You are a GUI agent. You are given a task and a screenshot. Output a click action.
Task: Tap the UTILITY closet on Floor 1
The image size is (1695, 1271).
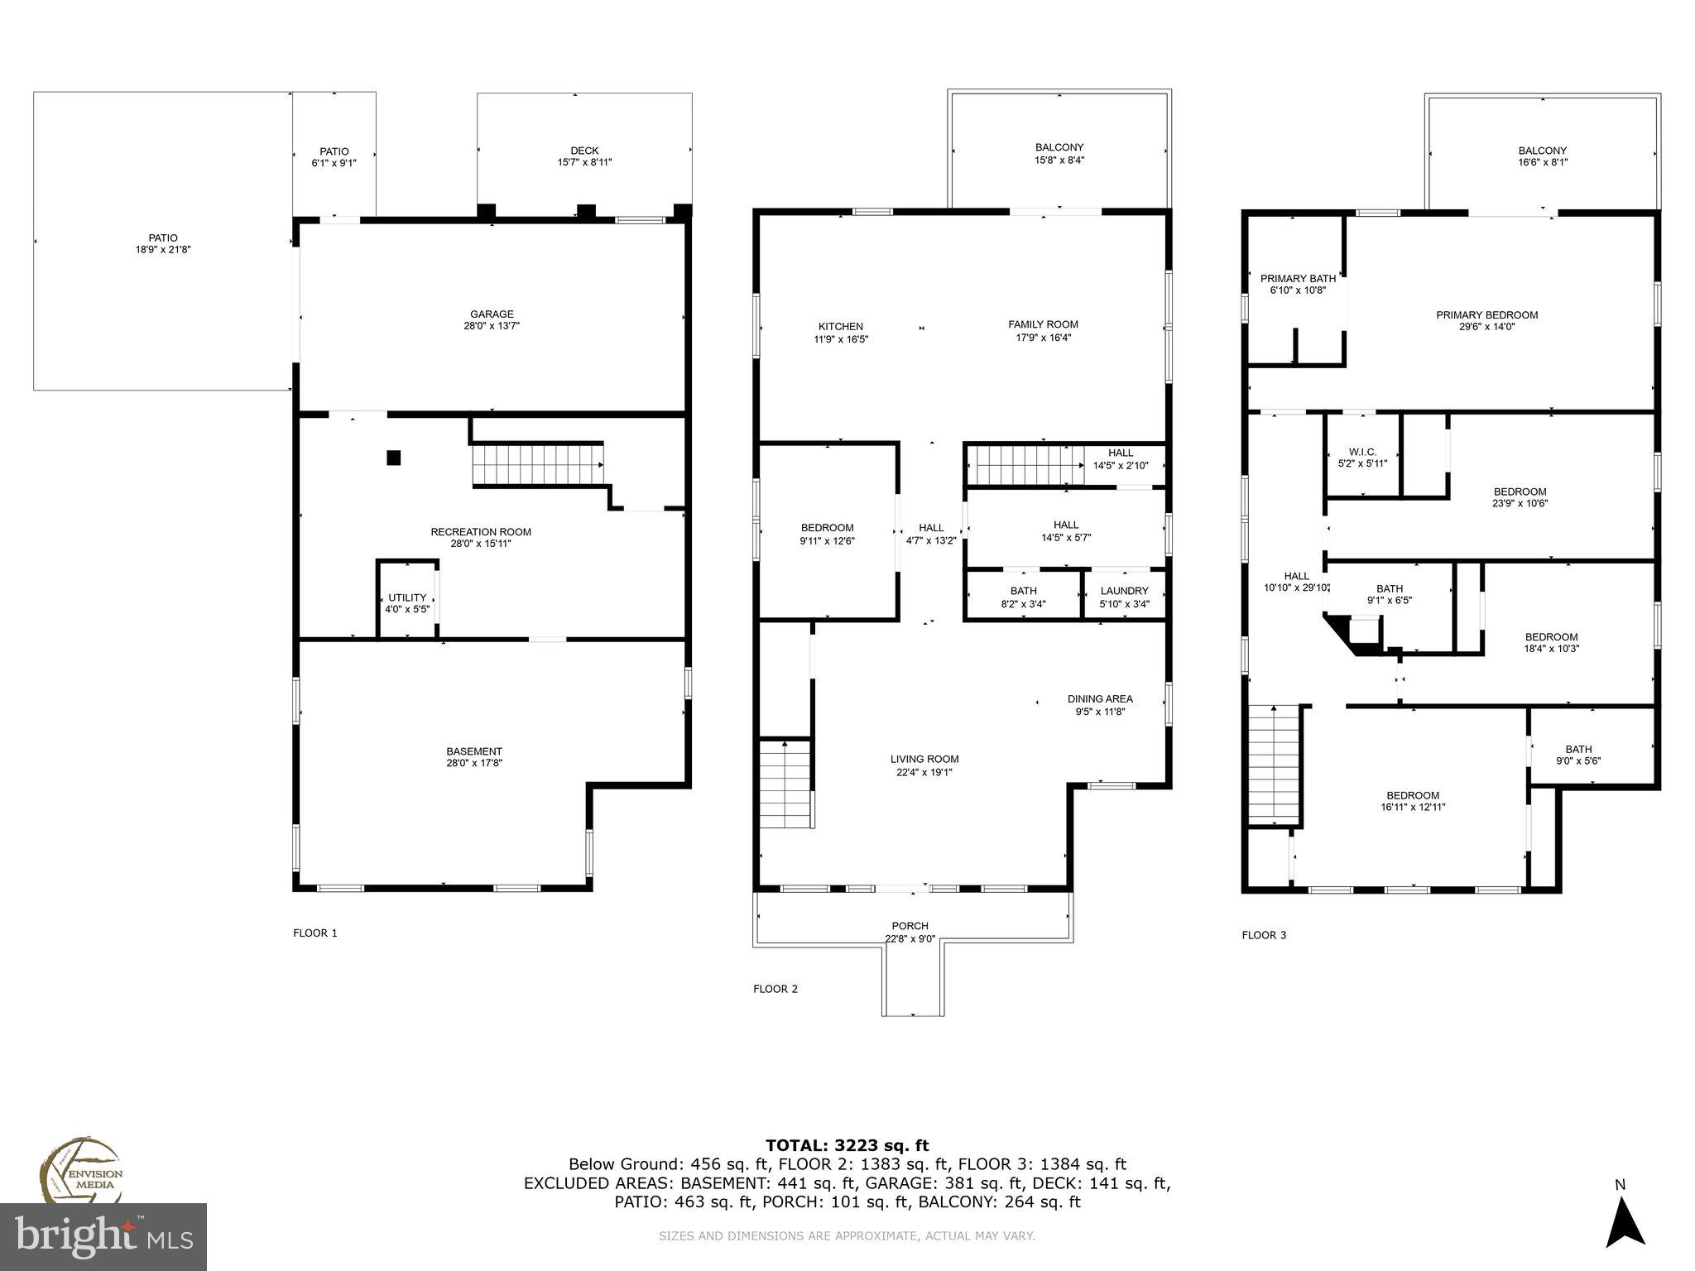click(407, 602)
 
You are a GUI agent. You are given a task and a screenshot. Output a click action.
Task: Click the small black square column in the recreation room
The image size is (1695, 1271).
click(394, 457)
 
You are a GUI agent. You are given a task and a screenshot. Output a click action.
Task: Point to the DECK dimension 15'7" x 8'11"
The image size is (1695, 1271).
click(584, 163)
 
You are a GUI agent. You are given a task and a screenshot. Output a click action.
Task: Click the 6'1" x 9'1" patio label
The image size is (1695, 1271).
click(334, 163)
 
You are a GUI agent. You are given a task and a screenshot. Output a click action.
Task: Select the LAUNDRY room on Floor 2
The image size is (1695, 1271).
click(1124, 597)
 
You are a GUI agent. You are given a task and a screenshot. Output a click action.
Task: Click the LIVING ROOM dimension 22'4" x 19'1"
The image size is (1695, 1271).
click(924, 772)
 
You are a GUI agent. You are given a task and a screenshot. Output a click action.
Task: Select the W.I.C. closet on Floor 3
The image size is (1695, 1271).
click(1362, 457)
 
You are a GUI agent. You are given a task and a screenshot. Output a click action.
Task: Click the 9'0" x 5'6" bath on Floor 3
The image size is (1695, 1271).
click(1578, 755)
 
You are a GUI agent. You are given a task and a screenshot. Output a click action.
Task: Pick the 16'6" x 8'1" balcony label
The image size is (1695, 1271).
click(1542, 156)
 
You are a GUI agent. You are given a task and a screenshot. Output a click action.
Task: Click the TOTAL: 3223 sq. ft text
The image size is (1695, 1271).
click(847, 1146)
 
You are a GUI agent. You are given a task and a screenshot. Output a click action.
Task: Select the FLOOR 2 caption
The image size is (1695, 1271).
click(775, 989)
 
